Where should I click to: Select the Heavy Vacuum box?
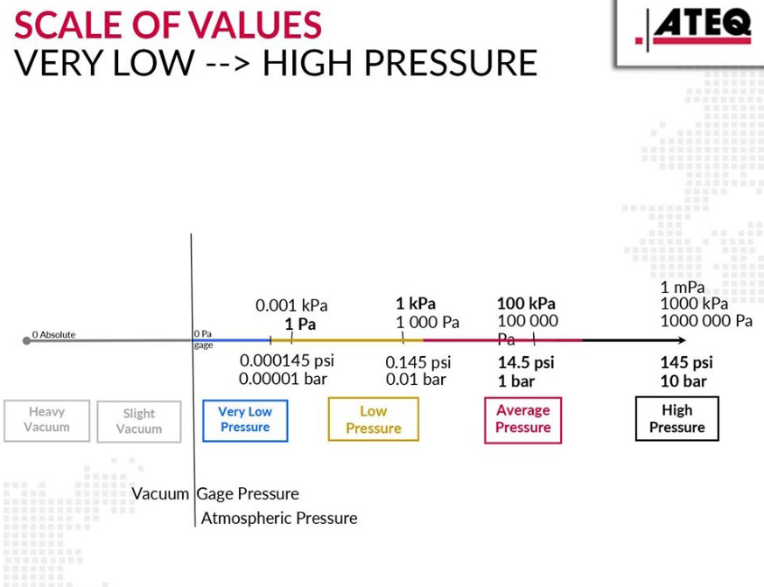click(46, 420)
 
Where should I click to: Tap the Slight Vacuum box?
click(138, 421)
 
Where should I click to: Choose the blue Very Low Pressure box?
click(245, 420)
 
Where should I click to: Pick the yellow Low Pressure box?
click(373, 419)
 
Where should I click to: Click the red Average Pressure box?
click(522, 419)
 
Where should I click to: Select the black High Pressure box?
click(676, 419)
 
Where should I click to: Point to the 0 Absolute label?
click(54, 334)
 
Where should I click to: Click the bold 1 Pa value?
click(300, 324)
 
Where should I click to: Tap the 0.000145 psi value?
click(287, 361)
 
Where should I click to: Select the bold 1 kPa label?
click(416, 304)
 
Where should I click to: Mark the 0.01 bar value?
click(416, 380)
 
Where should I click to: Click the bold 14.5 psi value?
click(525, 362)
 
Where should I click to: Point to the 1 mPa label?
click(683, 288)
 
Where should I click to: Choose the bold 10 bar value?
click(683, 381)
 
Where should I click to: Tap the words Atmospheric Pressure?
click(279, 518)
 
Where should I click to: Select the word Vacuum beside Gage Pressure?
click(160, 493)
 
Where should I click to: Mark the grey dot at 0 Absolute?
click(26, 340)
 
